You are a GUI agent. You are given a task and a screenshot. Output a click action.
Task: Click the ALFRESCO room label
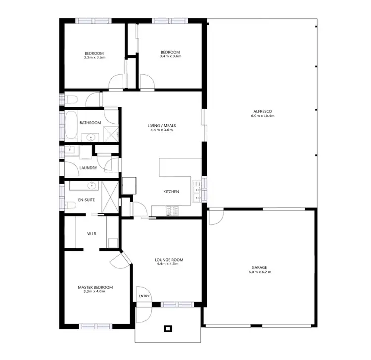click(262, 111)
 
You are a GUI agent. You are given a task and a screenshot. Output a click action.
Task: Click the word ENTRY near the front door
click(144, 296)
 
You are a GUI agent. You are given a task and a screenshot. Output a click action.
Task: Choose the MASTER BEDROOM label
click(95, 287)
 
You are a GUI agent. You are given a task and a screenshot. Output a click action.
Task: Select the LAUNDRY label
click(88, 168)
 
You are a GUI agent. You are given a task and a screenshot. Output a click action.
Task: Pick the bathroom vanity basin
click(91, 137)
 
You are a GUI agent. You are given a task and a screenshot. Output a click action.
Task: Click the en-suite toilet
click(67, 205)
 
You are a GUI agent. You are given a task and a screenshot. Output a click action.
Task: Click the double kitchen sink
click(198, 193)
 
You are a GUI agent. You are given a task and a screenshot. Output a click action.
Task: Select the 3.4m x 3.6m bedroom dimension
click(171, 57)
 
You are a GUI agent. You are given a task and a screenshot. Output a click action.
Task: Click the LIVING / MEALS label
click(162, 126)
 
